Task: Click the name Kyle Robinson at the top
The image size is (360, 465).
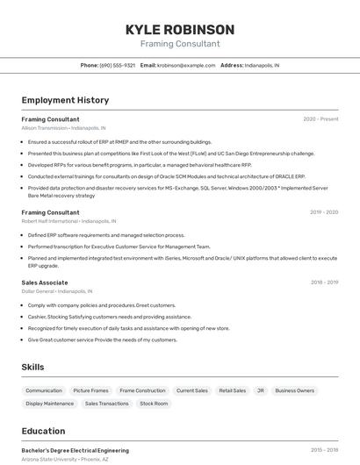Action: [179, 29]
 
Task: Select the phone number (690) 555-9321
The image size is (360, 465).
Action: [118, 65]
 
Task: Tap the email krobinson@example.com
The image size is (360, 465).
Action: [186, 65]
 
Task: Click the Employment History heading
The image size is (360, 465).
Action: [65, 100]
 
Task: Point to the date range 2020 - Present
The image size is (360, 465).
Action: [320, 118]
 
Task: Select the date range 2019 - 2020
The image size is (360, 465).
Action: [324, 212]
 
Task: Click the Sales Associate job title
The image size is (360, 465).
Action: [45, 283]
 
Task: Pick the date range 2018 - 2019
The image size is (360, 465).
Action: [324, 283]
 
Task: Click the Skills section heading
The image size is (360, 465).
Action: [33, 367]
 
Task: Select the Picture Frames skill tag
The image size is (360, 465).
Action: [91, 390]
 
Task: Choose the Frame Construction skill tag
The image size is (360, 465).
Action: [142, 390]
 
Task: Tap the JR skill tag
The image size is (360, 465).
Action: [261, 390]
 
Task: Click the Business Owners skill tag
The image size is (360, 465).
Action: [294, 390]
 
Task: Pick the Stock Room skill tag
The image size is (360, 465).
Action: [154, 404]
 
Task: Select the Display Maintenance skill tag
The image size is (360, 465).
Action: [50, 404]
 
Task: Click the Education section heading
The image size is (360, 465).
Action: [43, 431]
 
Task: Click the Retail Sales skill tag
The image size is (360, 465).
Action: [233, 390]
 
